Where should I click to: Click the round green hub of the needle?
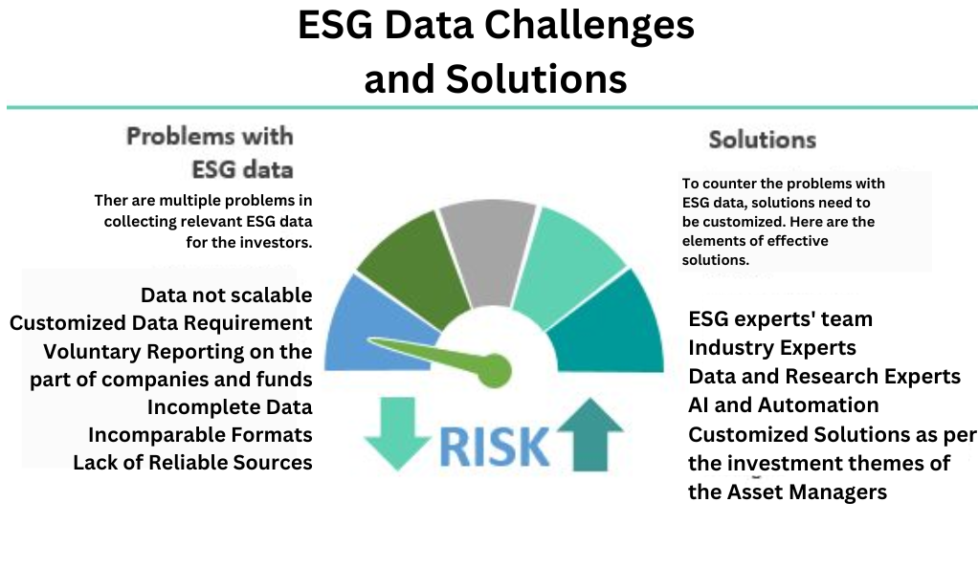pyautogui.click(x=495, y=371)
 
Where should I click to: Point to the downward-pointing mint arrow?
pyautogui.click(x=397, y=433)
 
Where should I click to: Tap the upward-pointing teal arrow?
pyautogui.click(x=590, y=434)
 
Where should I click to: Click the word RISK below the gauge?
pyautogui.click(x=495, y=447)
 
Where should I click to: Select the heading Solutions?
pyautogui.click(x=762, y=140)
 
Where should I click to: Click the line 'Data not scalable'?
pyautogui.click(x=227, y=295)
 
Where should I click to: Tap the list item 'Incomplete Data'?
pyautogui.click(x=230, y=407)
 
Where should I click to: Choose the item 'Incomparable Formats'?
pyautogui.click(x=200, y=434)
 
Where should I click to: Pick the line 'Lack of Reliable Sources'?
pyautogui.click(x=192, y=463)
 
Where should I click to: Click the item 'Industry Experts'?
pyautogui.click(x=772, y=348)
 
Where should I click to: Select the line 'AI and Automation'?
pyautogui.click(x=784, y=405)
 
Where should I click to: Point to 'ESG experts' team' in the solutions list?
pyautogui.click(x=780, y=319)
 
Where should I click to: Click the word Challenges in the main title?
pyautogui.click(x=589, y=26)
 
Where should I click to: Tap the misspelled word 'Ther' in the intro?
pyautogui.click(x=110, y=201)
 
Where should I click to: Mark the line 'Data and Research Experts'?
pyautogui.click(x=825, y=377)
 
